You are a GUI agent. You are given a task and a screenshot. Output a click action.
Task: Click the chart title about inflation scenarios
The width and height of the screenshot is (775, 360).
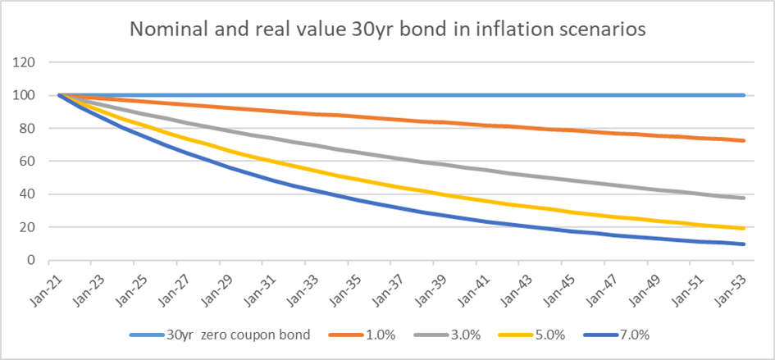pyautogui.click(x=388, y=31)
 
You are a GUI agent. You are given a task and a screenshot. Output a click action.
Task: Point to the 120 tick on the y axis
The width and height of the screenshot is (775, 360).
pyautogui.click(x=31, y=62)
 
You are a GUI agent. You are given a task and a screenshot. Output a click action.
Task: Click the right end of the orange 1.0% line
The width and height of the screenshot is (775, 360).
pyautogui.click(x=743, y=141)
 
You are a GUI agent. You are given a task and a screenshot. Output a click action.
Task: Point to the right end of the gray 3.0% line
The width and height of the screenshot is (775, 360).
pyautogui.click(x=743, y=198)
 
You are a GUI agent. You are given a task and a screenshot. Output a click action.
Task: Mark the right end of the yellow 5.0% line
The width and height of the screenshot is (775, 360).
pyautogui.click(x=743, y=228)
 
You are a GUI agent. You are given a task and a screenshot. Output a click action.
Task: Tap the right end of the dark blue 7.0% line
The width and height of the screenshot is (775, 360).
pyautogui.click(x=743, y=244)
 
